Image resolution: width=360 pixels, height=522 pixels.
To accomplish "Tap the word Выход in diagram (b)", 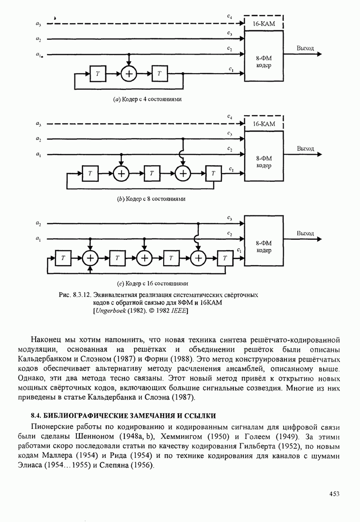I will tap(305, 149).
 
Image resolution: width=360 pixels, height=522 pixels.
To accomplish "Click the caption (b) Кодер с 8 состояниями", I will tap(150, 199).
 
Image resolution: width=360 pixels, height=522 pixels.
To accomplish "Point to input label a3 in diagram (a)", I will tap(38, 23).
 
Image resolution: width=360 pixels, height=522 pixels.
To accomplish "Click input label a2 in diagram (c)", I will tap(38, 223).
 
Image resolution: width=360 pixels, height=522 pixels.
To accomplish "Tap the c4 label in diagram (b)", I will tap(230, 116).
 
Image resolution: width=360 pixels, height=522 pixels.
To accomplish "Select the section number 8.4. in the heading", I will tap(37, 416).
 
